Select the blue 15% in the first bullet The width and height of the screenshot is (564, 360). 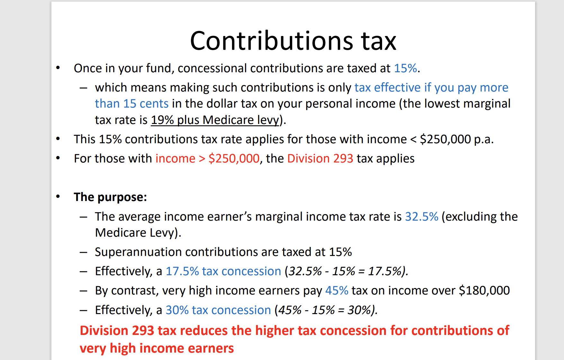405,68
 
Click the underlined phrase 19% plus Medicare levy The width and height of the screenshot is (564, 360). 215,120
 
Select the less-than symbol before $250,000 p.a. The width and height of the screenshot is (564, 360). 413,139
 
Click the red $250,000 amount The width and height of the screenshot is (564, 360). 234,159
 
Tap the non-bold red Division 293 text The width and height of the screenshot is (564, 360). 320,159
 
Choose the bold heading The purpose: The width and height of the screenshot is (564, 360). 110,197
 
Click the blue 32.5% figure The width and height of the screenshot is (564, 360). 421,217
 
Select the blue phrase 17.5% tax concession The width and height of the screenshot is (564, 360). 223,271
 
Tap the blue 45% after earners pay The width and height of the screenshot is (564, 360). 336,291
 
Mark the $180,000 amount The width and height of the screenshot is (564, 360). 484,291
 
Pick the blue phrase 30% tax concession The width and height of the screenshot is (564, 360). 218,310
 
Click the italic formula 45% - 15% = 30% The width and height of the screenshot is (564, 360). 326,310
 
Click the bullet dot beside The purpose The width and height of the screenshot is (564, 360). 58,197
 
